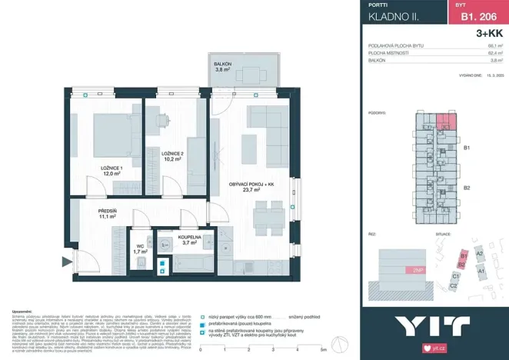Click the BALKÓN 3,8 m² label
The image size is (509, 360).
pyautogui.click(x=222, y=67)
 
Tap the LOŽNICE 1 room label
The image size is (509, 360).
pyautogui.click(x=112, y=171)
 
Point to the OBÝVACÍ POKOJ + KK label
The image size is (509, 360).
pyautogui.click(x=251, y=185)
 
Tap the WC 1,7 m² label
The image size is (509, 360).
pyautogui.click(x=140, y=248)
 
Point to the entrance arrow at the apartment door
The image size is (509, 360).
pyautogui.click(x=68, y=258)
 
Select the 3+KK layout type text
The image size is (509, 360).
pyautogui.click(x=489, y=33)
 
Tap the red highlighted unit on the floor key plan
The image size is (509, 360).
pyautogui.click(x=446, y=121)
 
